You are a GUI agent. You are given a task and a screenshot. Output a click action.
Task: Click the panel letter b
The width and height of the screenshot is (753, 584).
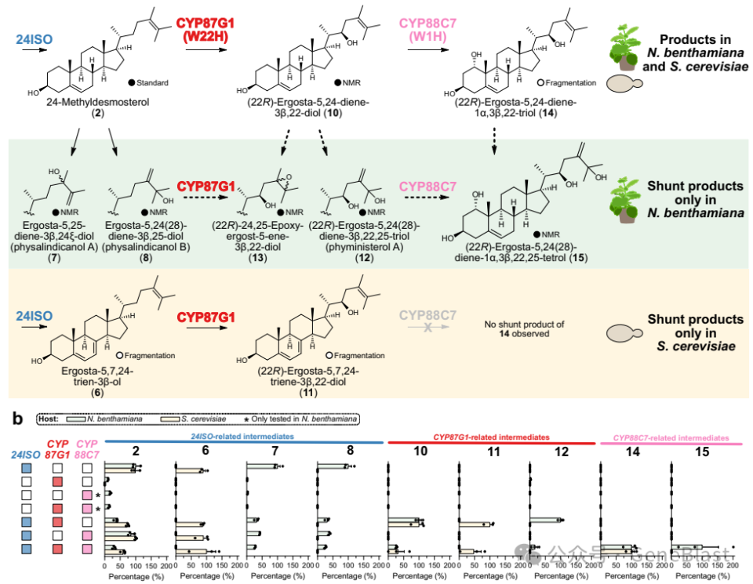(x=17, y=419)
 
